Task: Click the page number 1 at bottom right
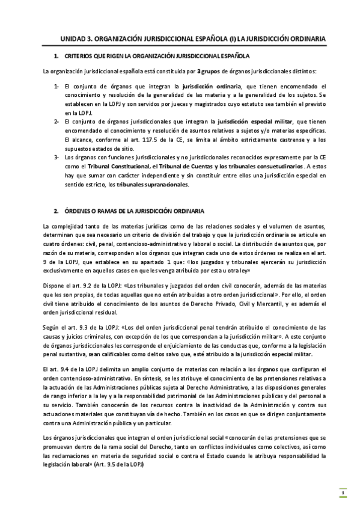click(342, 494)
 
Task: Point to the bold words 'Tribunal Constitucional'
click(105, 166)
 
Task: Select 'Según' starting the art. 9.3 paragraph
click(53, 327)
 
